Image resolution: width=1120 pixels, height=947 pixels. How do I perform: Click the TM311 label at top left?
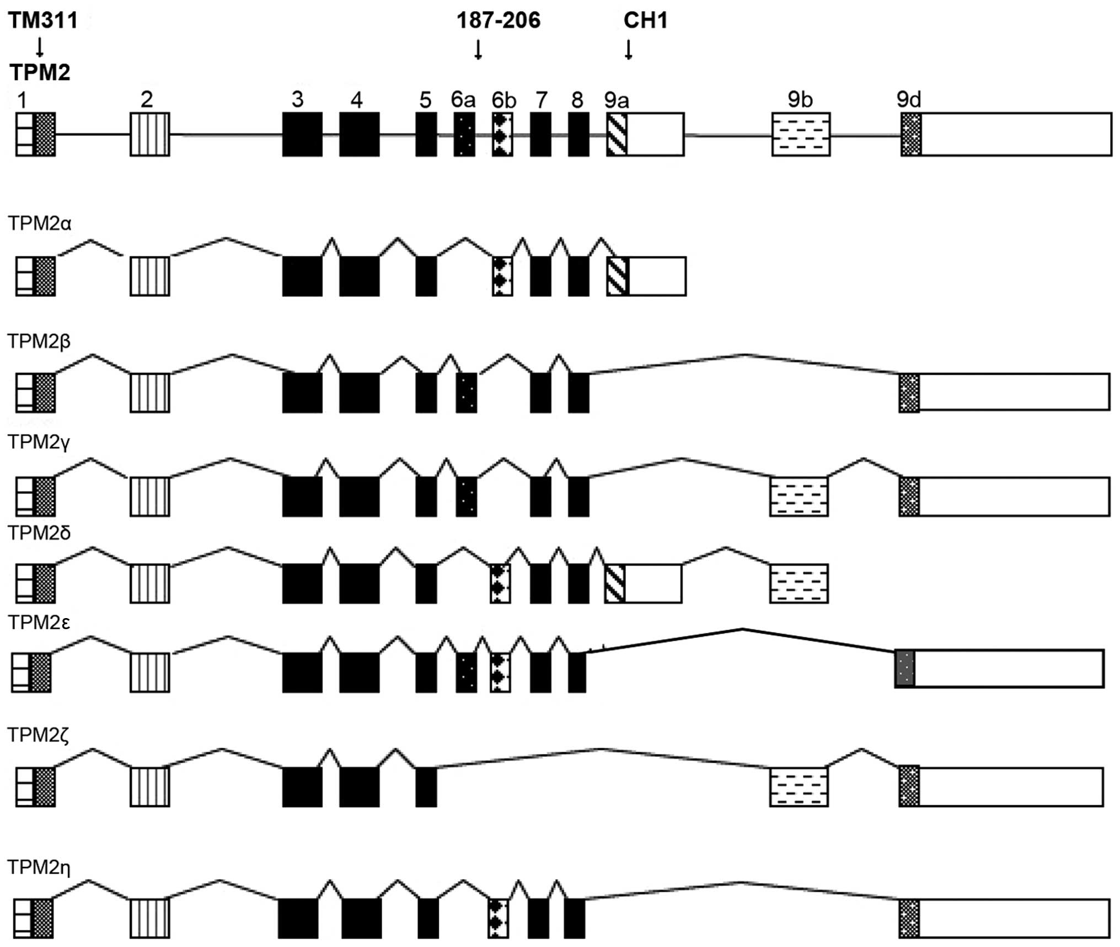coord(43,21)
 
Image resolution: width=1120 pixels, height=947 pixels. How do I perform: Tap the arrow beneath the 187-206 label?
coord(478,50)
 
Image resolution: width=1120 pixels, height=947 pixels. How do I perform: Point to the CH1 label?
coord(645,21)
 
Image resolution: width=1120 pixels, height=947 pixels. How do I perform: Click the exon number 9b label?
coord(800,99)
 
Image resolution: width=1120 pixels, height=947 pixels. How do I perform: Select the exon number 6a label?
coord(463,99)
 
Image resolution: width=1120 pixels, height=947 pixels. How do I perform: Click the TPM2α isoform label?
coord(40,224)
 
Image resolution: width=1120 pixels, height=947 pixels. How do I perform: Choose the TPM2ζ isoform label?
coord(39,736)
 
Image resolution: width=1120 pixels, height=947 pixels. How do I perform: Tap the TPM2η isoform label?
coord(39,868)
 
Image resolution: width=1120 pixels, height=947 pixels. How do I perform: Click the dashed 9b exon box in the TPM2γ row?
coord(799,497)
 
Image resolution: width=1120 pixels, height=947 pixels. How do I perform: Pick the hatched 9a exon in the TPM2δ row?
coord(615,583)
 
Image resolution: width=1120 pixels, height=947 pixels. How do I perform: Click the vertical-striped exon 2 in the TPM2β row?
coord(150,392)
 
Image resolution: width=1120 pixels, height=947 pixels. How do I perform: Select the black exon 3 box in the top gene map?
coord(302,135)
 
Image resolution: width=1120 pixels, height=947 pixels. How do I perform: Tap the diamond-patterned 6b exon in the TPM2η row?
coord(498,918)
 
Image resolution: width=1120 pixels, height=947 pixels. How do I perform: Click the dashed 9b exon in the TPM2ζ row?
coord(799,786)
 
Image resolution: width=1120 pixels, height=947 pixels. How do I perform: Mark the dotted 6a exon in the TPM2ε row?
coord(466,672)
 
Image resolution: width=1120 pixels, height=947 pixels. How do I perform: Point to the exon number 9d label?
coord(908,99)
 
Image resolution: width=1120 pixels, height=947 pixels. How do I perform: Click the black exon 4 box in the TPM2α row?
coord(359,276)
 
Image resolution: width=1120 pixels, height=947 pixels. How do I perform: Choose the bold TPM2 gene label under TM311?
coord(40,72)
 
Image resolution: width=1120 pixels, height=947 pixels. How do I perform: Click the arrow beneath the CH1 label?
coord(628,50)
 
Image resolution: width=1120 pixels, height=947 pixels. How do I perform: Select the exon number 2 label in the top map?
coord(147,99)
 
